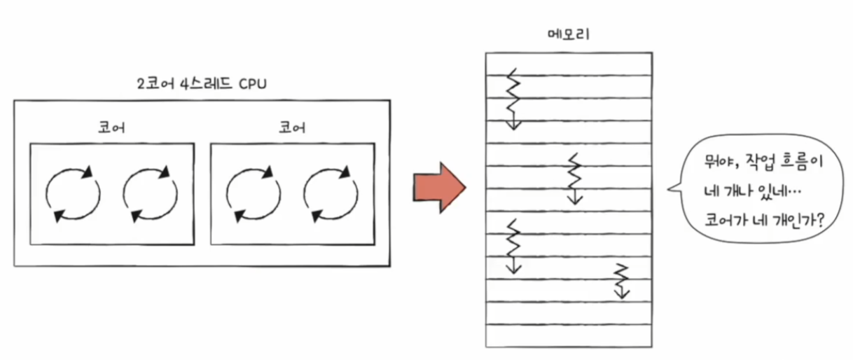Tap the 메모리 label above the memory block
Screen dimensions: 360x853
[568, 35]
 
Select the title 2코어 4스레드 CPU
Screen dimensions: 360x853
[201, 83]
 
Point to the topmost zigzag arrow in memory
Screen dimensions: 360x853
[513, 98]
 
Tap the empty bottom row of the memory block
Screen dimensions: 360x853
[568, 335]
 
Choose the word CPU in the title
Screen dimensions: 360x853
[251, 83]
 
